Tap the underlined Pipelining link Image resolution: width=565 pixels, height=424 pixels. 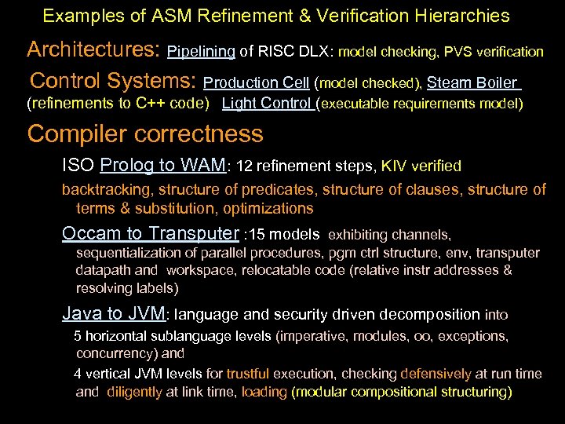coord(202,52)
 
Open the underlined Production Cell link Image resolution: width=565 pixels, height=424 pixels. coord(256,82)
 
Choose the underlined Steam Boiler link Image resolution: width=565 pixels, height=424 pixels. coord(472,82)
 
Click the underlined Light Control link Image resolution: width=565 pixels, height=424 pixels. coord(267,103)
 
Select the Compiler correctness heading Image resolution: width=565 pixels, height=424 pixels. coord(145,133)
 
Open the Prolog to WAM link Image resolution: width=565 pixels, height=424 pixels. coord(162,166)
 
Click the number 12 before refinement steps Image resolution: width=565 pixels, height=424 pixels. coord(243,166)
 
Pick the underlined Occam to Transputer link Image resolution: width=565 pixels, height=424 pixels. coord(151,233)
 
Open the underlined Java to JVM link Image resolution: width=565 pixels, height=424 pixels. coord(114,315)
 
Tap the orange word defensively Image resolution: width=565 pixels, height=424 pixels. coord(436,375)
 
